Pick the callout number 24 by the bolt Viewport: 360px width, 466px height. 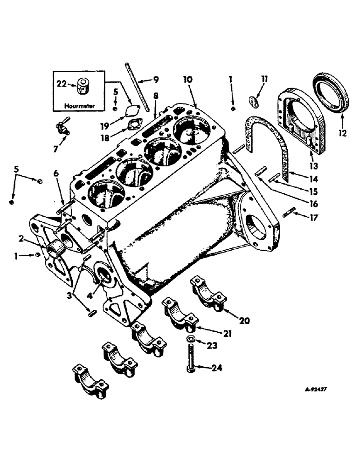(x=216, y=368)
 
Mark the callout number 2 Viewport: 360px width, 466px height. (x=21, y=239)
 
